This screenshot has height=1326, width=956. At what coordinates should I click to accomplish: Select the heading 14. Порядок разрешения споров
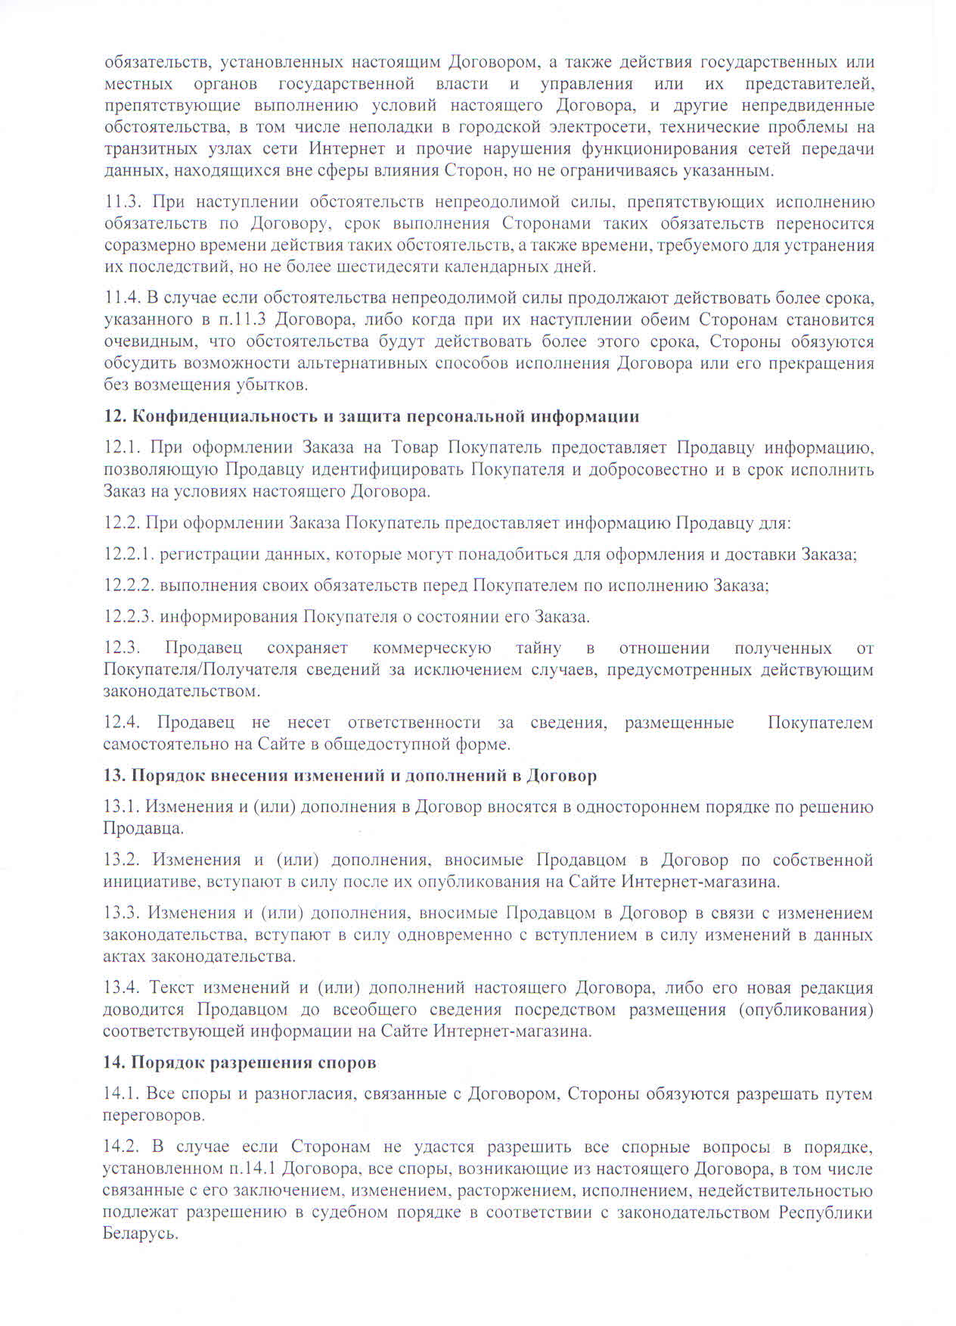pyautogui.click(x=240, y=1062)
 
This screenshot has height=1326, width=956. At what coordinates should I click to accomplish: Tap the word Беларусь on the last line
pyautogui.click(x=140, y=1233)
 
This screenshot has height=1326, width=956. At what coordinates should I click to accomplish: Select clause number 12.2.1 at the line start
pyautogui.click(x=129, y=554)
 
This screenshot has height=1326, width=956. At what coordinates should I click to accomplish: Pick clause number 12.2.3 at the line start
pyautogui.click(x=129, y=616)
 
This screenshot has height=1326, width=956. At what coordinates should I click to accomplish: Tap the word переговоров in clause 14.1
pyautogui.click(x=153, y=1116)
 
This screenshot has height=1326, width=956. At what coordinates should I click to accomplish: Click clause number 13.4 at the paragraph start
pyautogui.click(x=122, y=988)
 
